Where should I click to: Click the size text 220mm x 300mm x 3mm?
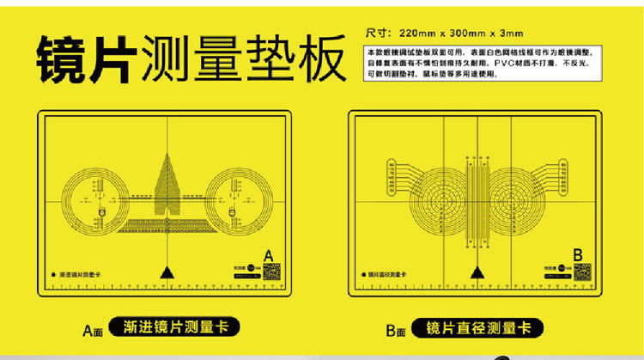pos(444,33)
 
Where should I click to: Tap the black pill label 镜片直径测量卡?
pos(478,326)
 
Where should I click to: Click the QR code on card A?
pos(271,272)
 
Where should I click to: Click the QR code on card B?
pos(581,272)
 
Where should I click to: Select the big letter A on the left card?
pos(268,255)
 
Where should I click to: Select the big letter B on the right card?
pos(577,254)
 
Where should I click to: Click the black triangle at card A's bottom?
pos(166,272)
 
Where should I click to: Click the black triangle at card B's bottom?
pos(476,272)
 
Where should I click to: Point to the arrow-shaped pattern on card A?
pos(168,185)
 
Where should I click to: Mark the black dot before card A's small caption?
pos(55,274)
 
